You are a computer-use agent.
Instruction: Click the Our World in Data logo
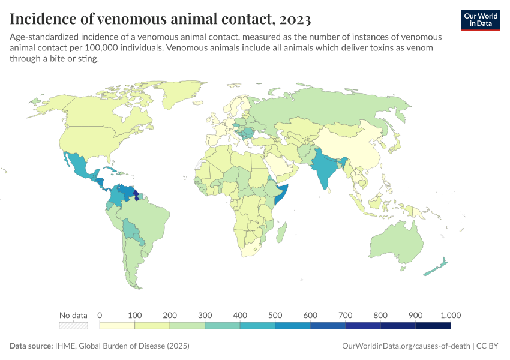pos(481,20)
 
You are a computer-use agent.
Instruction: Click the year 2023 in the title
pos(294,19)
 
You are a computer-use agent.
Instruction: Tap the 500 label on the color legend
pos(275,315)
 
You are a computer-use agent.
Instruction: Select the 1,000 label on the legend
pos(450,315)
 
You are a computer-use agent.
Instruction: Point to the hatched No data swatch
pos(73,326)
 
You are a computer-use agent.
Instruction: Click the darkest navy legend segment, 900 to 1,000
pos(433,326)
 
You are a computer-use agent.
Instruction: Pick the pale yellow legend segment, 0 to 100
pos(117,326)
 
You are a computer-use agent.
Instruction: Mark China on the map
pos(357,150)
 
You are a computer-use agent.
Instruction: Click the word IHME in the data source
pos(62,346)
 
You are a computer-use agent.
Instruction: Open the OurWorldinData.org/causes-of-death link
pos(405,346)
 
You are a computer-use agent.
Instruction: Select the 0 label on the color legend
pos(100,315)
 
